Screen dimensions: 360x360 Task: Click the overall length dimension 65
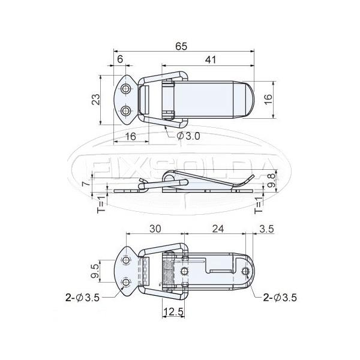point(180,45)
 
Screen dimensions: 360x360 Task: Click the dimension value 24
point(218,229)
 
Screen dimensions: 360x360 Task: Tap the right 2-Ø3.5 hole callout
point(278,296)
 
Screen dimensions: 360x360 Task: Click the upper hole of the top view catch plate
point(126,89)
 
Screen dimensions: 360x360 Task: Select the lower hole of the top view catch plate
point(126,111)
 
